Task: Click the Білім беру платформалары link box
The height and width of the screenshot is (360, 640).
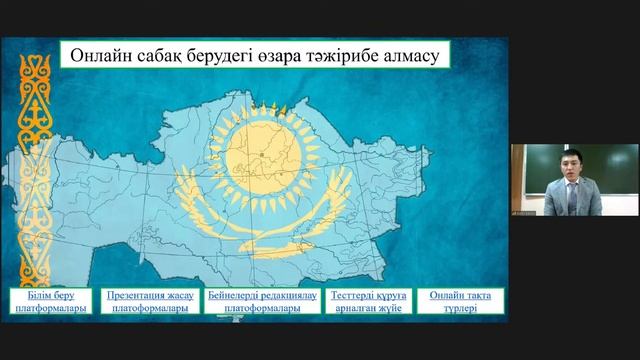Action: point(44,302)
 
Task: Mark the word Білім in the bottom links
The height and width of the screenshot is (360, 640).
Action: point(26,296)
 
